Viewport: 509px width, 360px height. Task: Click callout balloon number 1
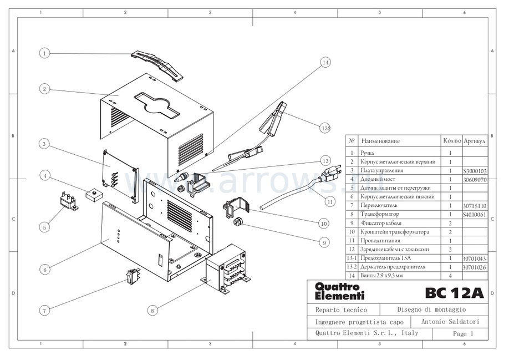44,53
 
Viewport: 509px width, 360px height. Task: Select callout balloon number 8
152,311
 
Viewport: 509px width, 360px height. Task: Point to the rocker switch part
133,274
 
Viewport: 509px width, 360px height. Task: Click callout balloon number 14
325,63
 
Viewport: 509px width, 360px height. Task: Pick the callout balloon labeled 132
326,128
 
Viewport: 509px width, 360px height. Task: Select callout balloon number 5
44,227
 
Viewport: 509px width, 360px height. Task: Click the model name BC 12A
454,292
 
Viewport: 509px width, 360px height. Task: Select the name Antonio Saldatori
450,322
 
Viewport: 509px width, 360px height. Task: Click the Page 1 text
463,334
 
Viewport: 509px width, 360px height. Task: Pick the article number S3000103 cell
474,171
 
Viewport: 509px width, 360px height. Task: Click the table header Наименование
380,141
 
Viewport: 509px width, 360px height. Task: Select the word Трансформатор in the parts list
380,214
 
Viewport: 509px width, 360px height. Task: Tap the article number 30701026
474,267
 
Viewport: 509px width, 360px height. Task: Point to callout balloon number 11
330,202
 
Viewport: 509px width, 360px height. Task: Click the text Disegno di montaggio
431,310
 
